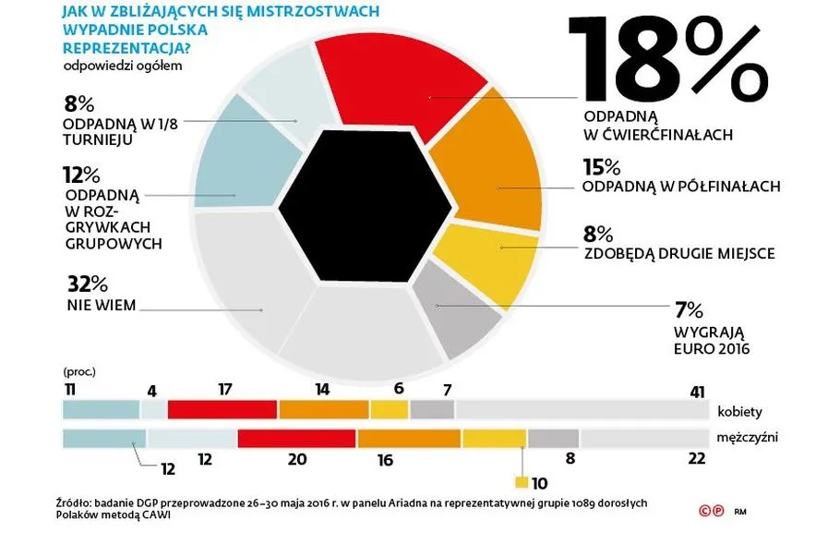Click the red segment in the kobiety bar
click(222, 409)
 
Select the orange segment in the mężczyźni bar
click(409, 438)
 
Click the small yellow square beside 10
click(522, 481)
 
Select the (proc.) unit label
click(79, 372)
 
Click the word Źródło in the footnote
click(75, 503)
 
